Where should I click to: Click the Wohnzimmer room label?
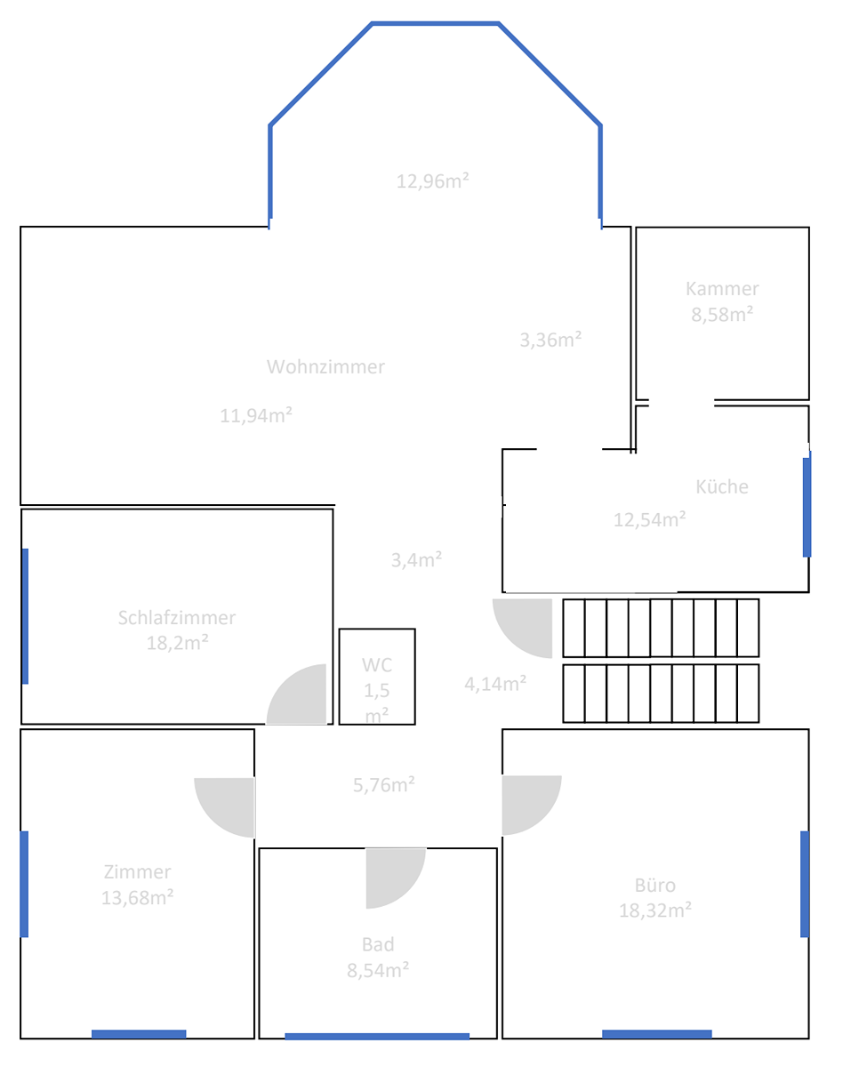[325, 367]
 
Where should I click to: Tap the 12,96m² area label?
[432, 181]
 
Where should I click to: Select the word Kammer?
[722, 289]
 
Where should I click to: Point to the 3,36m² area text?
[550, 341]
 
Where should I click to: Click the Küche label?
[722, 487]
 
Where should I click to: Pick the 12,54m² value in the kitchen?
[650, 519]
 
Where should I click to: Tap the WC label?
[377, 665]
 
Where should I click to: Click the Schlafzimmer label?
[177, 618]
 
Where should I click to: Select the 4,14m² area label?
[495, 685]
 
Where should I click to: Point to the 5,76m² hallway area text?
[384, 785]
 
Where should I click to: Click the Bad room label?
[378, 945]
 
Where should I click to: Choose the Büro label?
[655, 886]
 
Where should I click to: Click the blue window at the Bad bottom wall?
[377, 1037]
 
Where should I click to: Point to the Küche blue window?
[807, 507]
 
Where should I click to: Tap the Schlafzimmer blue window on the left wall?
[25, 616]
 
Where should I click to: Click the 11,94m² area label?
[256, 415]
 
